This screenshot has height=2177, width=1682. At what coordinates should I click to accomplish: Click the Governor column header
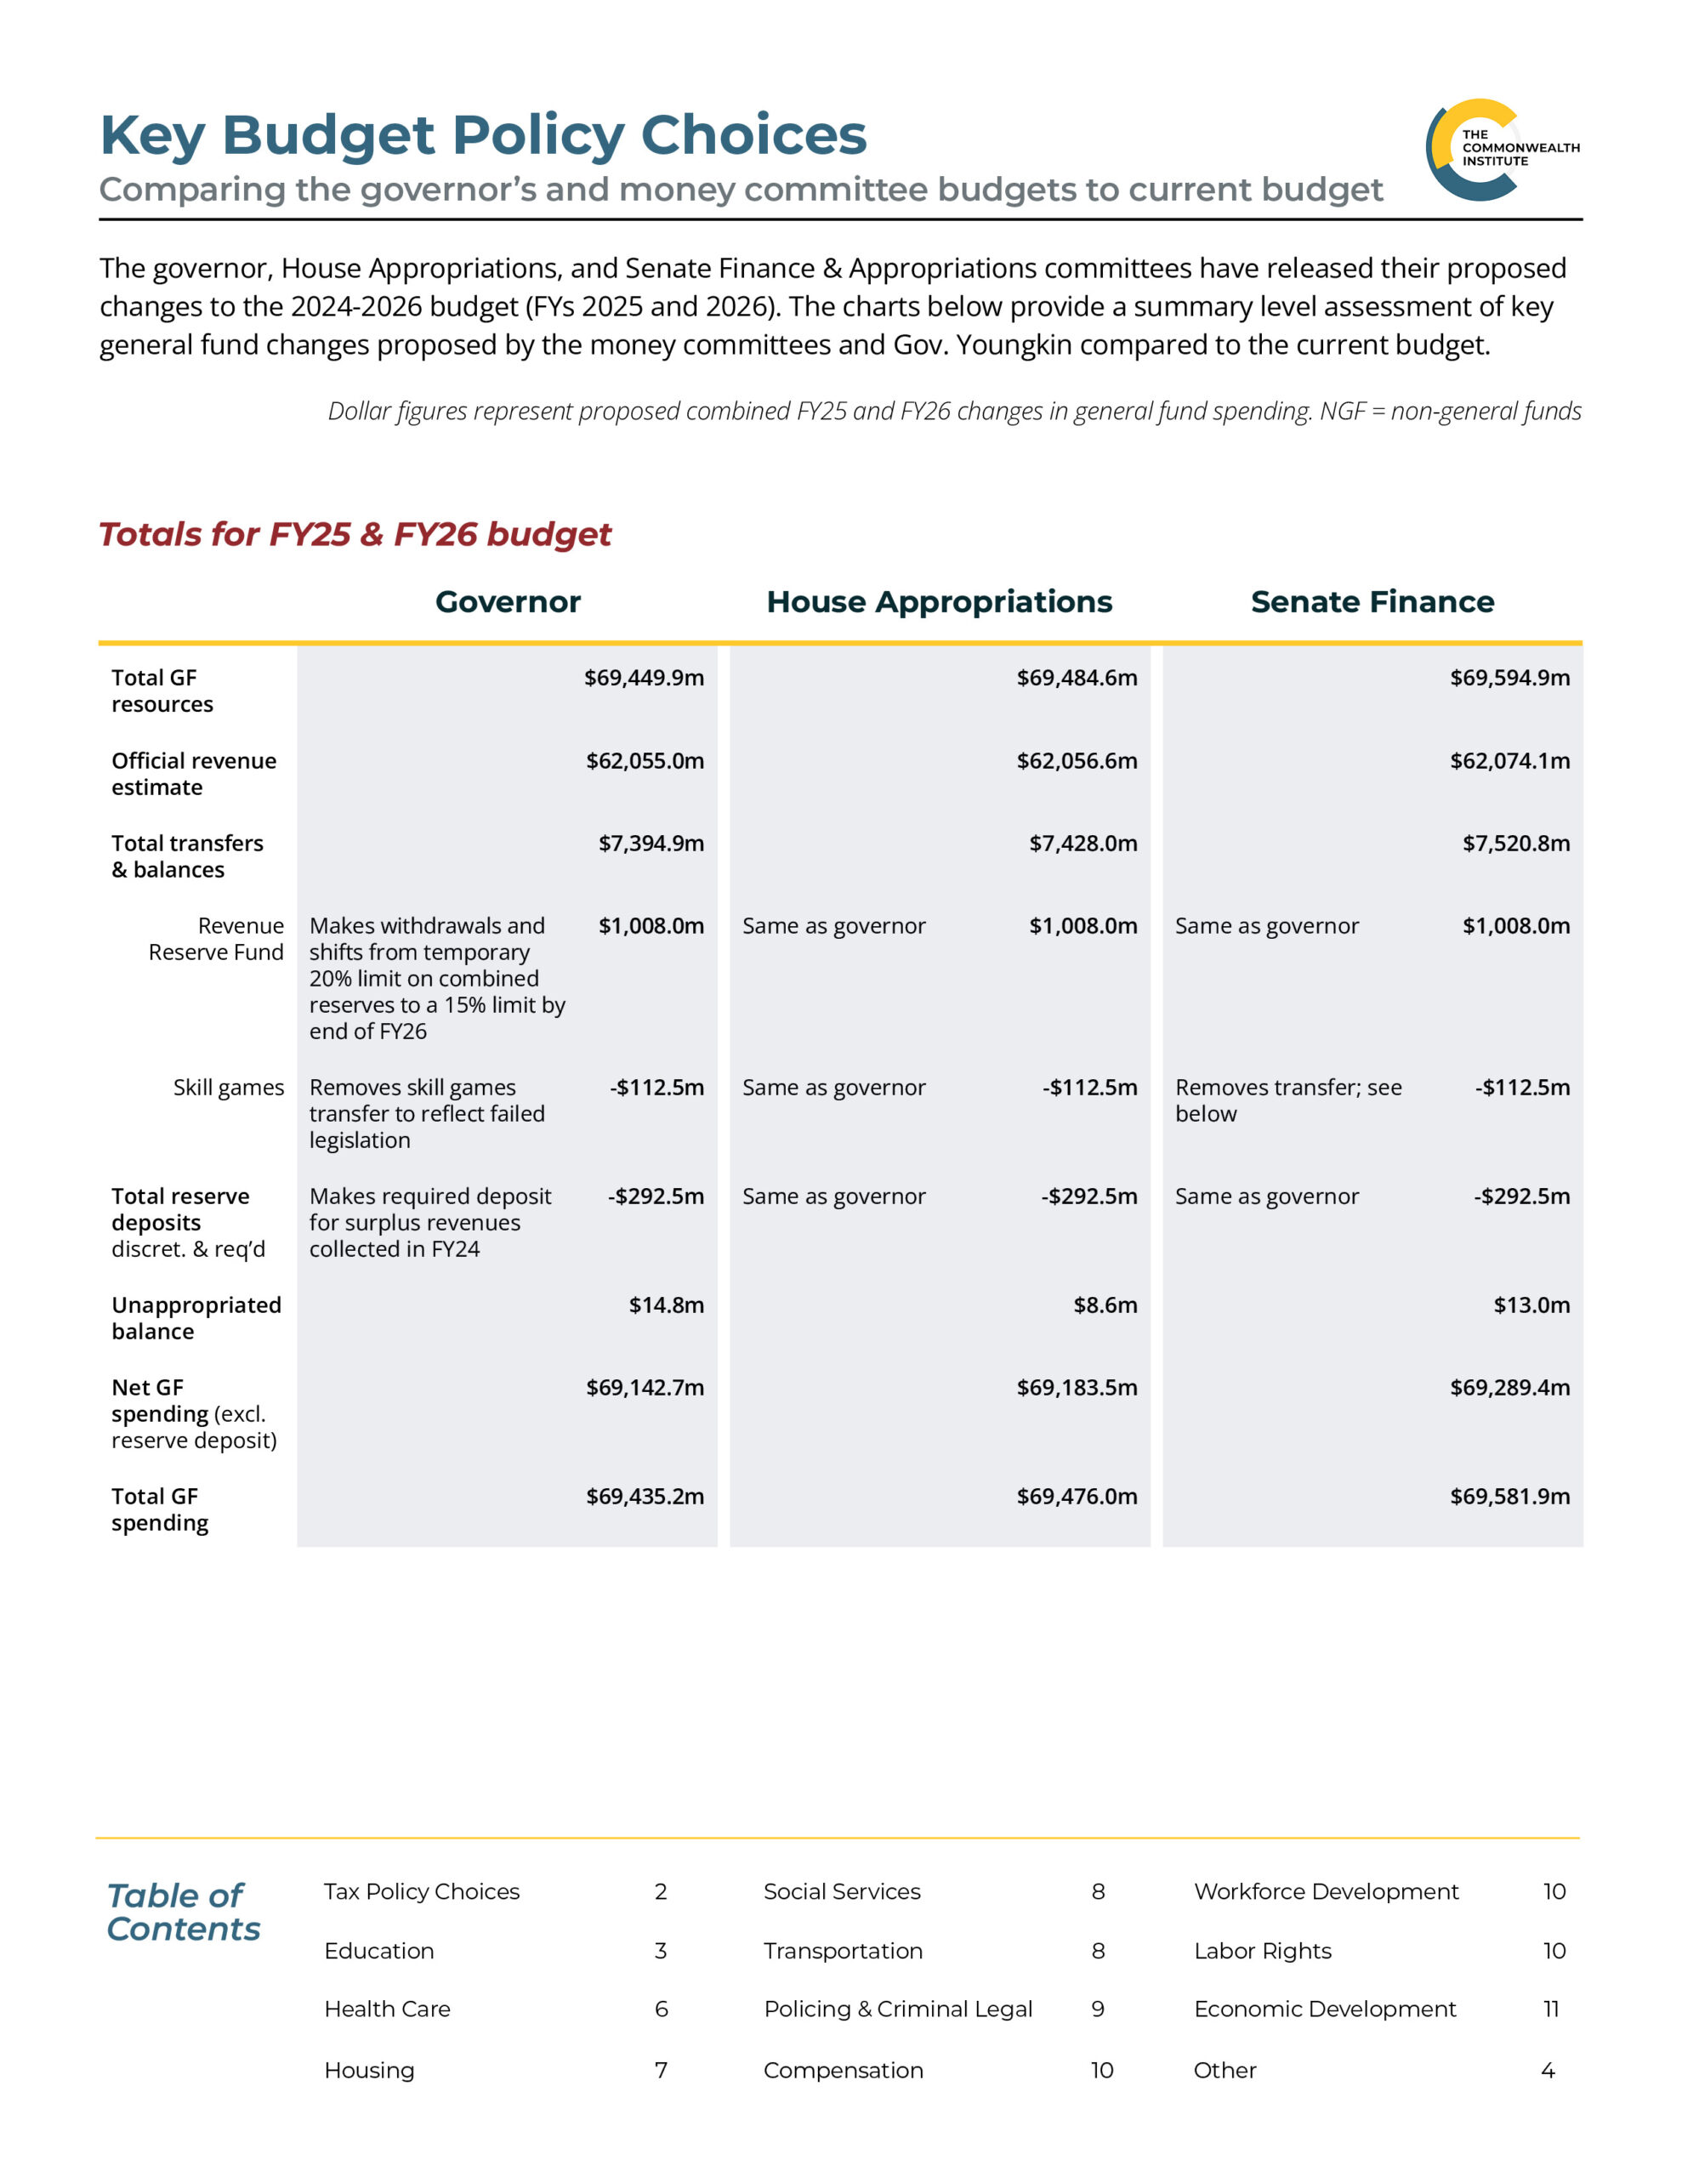(x=508, y=602)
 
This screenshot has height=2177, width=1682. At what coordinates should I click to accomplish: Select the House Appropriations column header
(x=938, y=602)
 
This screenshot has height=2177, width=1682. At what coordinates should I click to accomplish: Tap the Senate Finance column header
(x=1372, y=602)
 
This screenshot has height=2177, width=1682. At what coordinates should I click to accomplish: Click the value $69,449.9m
(x=643, y=678)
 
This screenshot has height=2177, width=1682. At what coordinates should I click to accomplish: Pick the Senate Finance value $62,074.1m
(x=1509, y=760)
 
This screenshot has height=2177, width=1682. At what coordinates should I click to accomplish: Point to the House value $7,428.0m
(x=1083, y=844)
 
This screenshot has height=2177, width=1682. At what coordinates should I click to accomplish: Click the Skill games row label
(x=229, y=1088)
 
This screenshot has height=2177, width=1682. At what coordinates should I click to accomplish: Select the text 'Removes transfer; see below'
(x=1287, y=1100)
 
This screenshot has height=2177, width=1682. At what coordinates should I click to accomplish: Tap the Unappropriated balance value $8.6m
(x=1105, y=1304)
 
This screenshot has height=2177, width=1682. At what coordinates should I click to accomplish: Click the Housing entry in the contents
(x=369, y=2071)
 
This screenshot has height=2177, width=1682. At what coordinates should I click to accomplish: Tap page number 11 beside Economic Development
(x=1550, y=2009)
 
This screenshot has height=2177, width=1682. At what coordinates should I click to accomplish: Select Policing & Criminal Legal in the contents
(x=897, y=2009)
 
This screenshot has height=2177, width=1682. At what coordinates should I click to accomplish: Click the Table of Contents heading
(x=183, y=1912)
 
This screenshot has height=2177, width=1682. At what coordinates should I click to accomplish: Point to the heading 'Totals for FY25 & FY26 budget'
(x=355, y=534)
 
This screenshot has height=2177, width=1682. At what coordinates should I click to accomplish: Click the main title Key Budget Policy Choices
(x=484, y=134)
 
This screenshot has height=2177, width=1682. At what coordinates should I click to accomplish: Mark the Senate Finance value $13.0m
(x=1531, y=1304)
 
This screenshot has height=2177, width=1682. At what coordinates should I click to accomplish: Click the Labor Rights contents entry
(x=1262, y=1951)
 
